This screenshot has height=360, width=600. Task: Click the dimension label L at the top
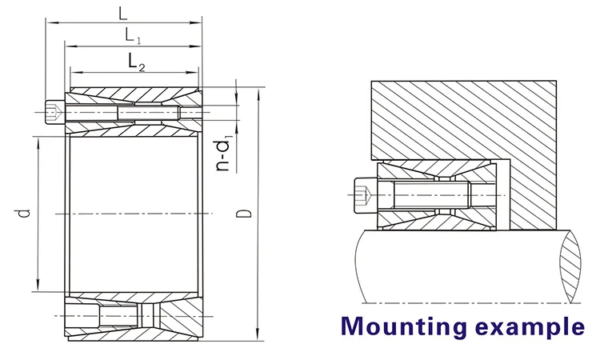tap(122, 14)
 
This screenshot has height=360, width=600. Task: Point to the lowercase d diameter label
tap(23, 213)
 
